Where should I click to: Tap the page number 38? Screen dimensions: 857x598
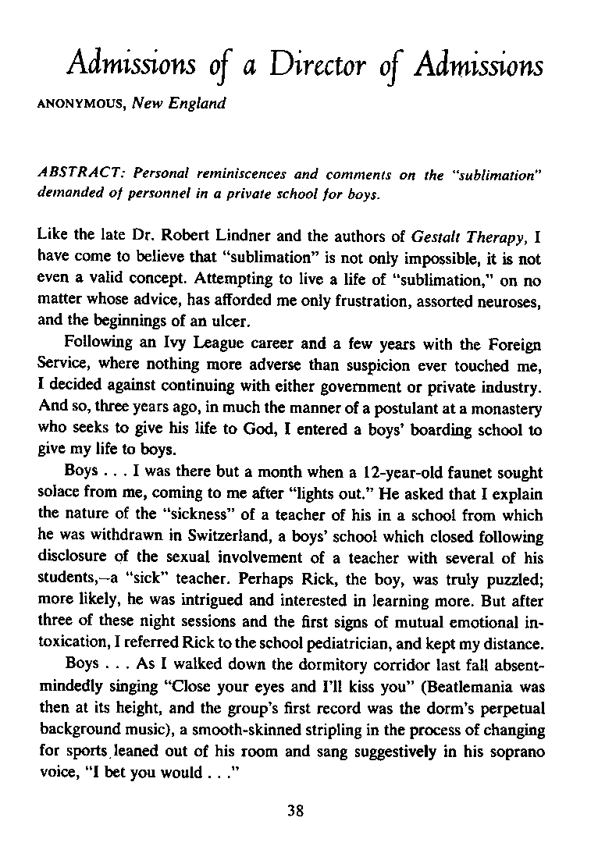[x=294, y=809]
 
